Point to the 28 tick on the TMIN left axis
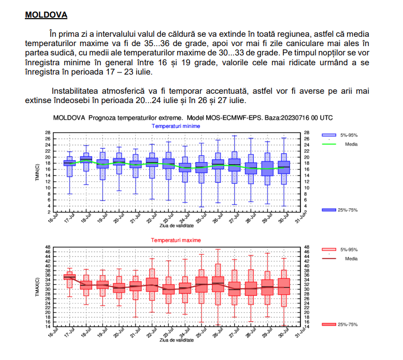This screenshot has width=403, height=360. pyautogui.click(x=48, y=133)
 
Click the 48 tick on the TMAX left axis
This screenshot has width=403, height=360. pyautogui.click(x=48, y=247)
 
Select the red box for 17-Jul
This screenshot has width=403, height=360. pyautogui.click(x=69, y=277)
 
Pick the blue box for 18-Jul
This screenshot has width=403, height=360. pyautogui.click(x=86, y=159)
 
